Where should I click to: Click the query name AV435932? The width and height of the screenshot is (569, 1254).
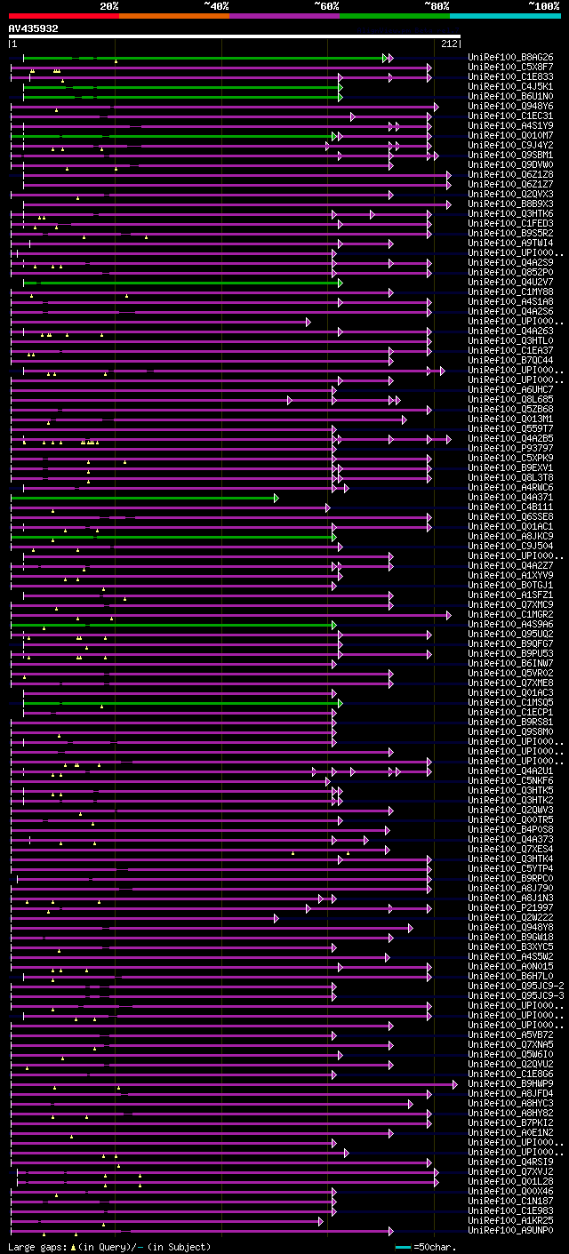(x=34, y=28)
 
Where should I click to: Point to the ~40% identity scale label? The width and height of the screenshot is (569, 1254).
(x=216, y=5)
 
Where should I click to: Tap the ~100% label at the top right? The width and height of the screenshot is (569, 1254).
(x=543, y=5)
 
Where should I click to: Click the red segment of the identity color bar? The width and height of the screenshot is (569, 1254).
(x=63, y=16)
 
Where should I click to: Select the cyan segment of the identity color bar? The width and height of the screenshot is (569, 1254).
(x=504, y=16)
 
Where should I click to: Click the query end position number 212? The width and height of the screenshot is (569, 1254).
(x=448, y=44)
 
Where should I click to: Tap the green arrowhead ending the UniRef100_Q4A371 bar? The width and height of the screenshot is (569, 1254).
(x=276, y=498)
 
